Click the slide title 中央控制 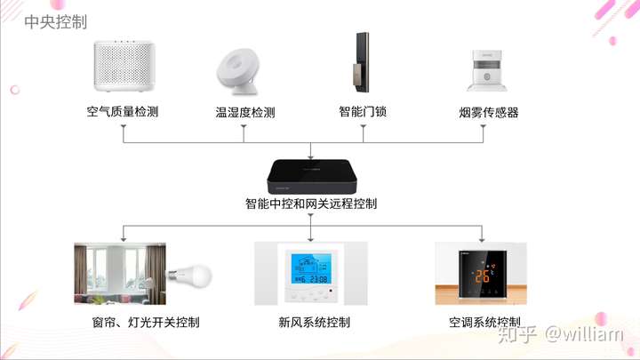(56, 22)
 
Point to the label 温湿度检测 (244, 113)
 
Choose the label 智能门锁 (363, 113)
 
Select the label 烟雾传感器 (483, 113)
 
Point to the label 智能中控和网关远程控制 (311, 204)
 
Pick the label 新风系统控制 (314, 321)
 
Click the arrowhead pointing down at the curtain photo (124, 238)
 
